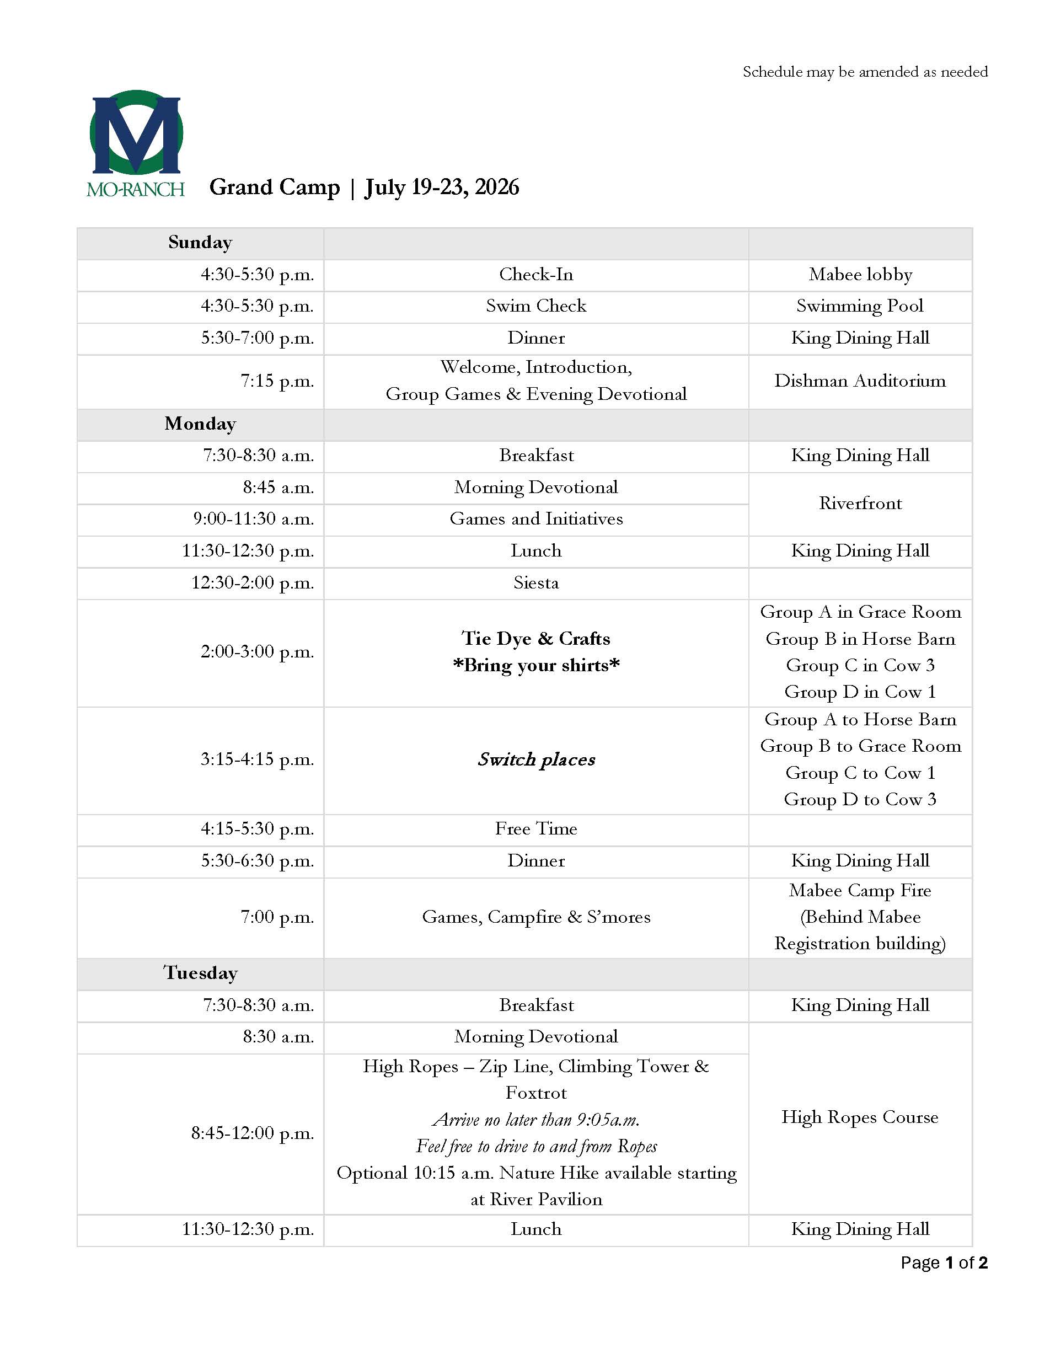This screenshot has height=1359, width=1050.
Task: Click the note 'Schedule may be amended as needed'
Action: click(865, 72)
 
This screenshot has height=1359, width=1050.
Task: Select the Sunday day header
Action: click(200, 243)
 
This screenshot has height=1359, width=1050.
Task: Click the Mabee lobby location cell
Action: click(860, 275)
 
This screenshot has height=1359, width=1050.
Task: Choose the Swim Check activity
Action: click(535, 306)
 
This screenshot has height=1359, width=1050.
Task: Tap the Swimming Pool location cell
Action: click(860, 306)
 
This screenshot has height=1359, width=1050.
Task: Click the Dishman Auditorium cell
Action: click(860, 381)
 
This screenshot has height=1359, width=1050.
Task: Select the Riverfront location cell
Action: click(860, 504)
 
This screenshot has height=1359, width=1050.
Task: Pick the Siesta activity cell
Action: click(535, 583)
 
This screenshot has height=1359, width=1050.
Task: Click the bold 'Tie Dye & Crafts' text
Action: click(535, 639)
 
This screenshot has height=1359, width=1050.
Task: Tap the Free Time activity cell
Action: click(535, 829)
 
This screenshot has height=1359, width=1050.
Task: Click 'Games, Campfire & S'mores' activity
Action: click(535, 917)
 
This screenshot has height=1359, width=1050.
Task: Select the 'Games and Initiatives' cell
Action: click(535, 519)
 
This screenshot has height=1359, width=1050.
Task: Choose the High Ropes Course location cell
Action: click(860, 1117)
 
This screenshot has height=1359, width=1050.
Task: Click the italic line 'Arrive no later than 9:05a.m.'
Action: click(535, 1120)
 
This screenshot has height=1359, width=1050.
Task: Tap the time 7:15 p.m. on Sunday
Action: click(277, 381)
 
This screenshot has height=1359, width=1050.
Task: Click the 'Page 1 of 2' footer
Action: click(944, 1262)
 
